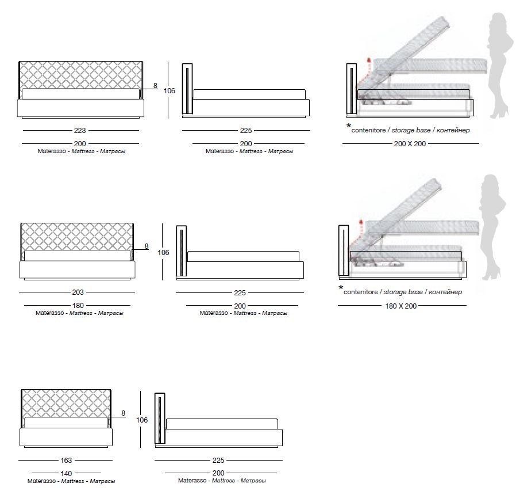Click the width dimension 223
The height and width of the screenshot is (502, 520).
(80, 131)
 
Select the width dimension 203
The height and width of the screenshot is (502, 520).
(78, 292)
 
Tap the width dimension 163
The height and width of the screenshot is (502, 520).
(66, 461)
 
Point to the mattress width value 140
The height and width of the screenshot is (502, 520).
(66, 473)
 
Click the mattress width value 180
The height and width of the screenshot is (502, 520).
(78, 306)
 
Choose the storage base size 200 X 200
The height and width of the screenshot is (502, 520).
(410, 144)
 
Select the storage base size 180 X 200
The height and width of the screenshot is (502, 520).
(401, 306)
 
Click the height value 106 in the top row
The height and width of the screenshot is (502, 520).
(169, 91)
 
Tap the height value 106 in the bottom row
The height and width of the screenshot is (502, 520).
(142, 420)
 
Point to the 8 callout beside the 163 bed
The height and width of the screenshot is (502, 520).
(124, 413)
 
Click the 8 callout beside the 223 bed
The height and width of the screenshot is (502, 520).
(155, 86)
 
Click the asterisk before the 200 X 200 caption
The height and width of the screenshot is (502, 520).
(349, 126)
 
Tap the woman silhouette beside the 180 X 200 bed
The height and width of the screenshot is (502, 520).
(492, 227)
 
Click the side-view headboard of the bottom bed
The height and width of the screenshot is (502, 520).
(160, 419)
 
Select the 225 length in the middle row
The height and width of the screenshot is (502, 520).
(240, 293)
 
